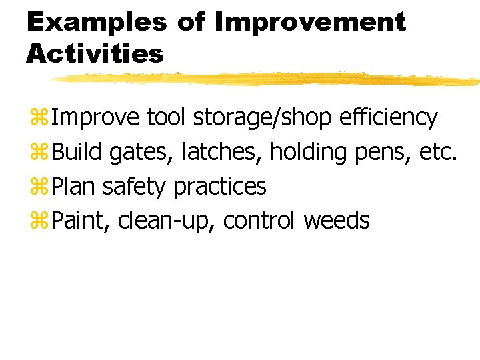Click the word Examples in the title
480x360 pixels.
pos(97,23)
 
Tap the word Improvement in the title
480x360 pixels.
pos(310,23)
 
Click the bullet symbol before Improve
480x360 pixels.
pos(37,118)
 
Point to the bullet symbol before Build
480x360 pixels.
pos(37,153)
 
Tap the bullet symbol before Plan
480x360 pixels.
pos(37,187)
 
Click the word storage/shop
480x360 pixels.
pos(263,118)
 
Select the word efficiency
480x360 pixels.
pos(388,118)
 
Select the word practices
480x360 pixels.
pos(219,187)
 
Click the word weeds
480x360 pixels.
pos(336,221)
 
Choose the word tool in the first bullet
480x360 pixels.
pos(167,118)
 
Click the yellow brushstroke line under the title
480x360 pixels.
pos(267,79)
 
